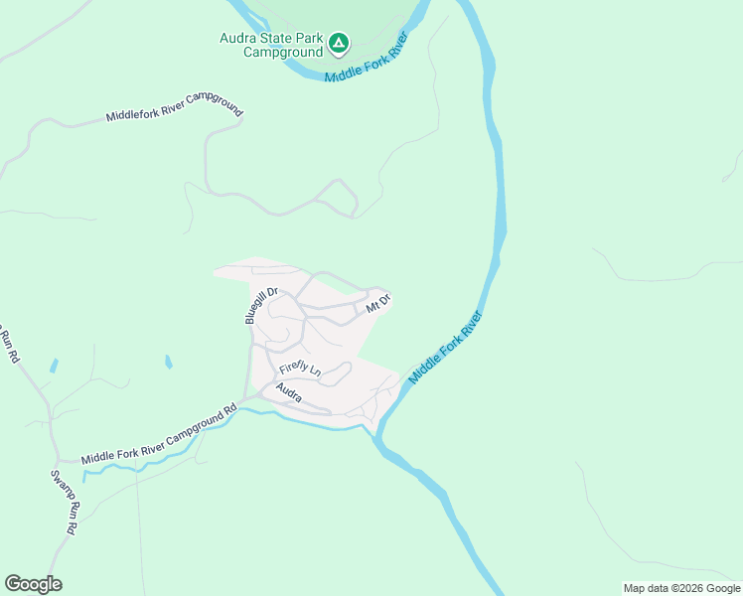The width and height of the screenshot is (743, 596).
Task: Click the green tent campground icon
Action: (x=339, y=43)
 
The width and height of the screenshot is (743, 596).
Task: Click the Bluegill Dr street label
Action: (x=258, y=306)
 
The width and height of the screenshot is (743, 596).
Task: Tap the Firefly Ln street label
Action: (x=300, y=369)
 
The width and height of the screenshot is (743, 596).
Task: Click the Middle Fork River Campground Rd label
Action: (x=159, y=433)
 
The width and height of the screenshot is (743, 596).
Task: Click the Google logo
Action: (x=33, y=584)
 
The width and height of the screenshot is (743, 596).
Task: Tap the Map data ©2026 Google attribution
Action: (x=680, y=588)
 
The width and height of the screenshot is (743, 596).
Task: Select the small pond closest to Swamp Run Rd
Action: (x=53, y=366)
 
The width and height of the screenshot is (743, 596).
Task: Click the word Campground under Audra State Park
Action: (x=284, y=52)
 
